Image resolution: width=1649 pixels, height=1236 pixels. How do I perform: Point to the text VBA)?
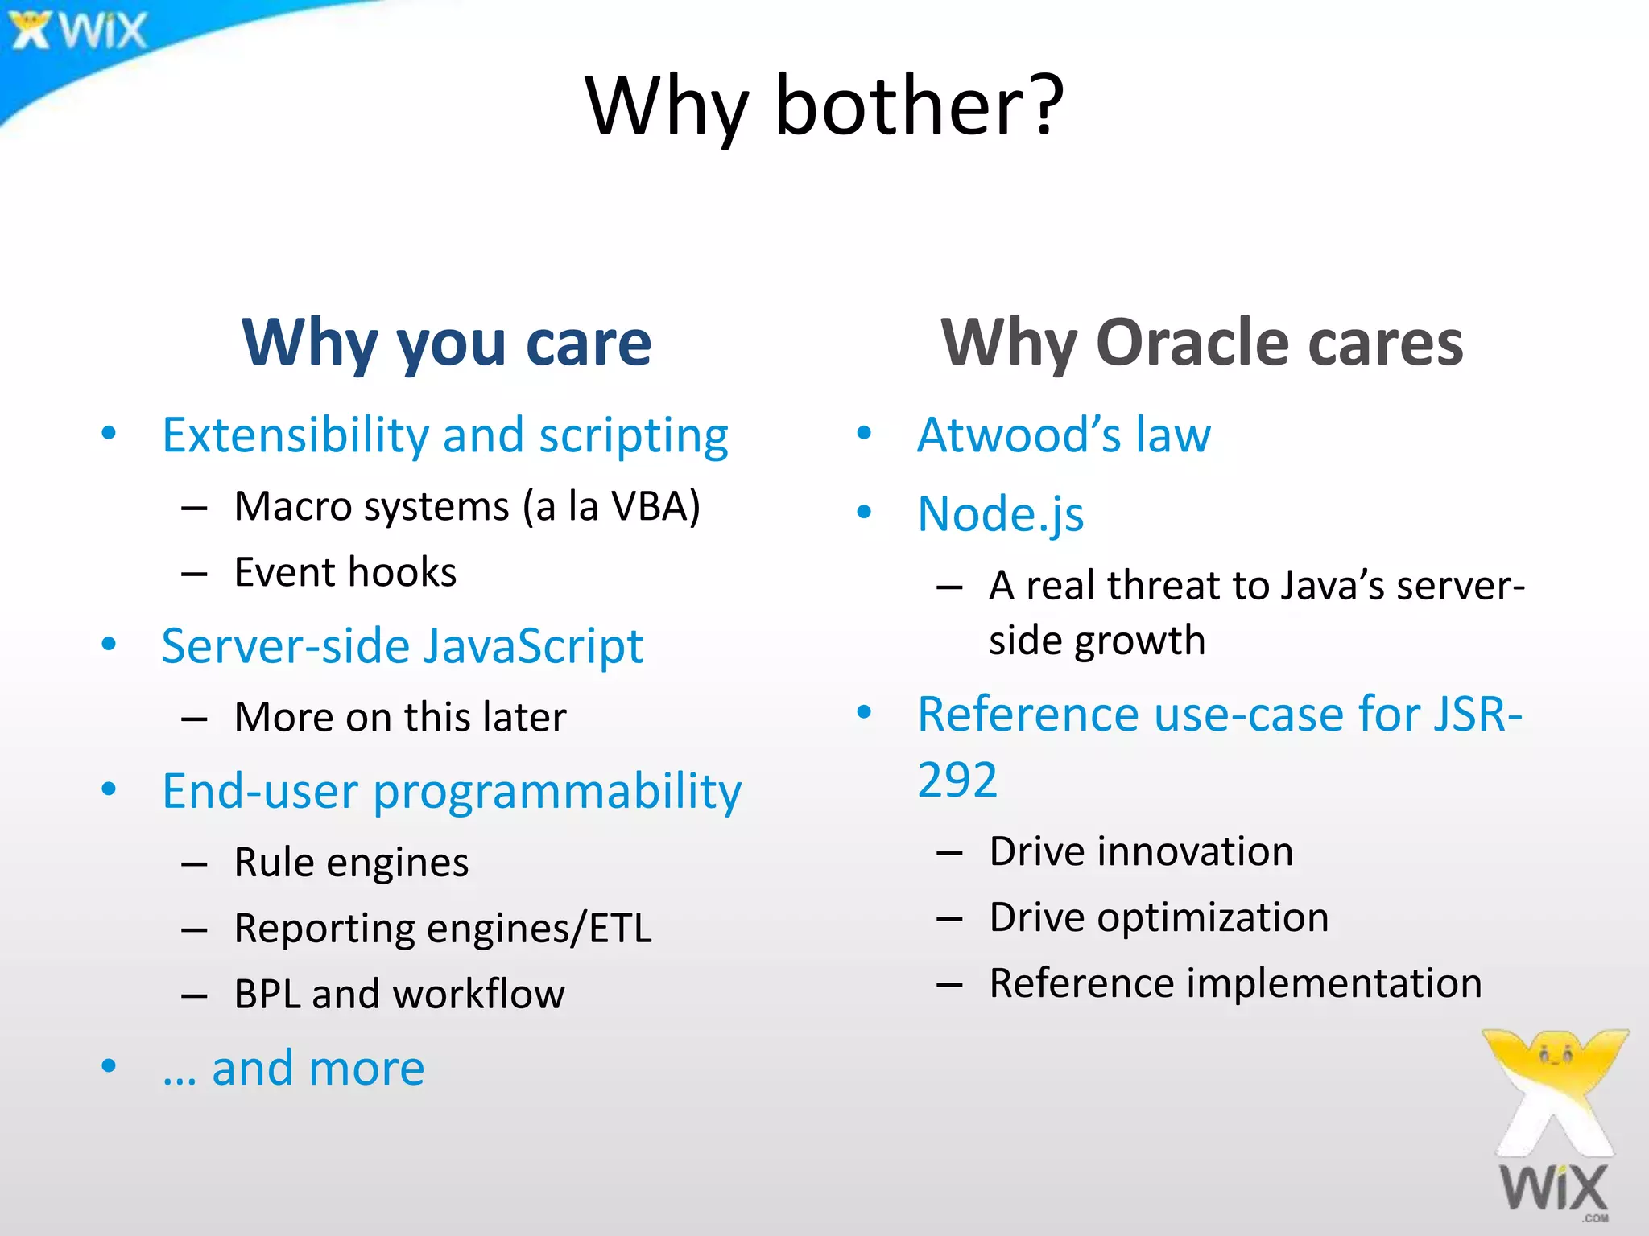click(x=655, y=507)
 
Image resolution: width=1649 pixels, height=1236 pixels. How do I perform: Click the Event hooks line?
click(x=345, y=573)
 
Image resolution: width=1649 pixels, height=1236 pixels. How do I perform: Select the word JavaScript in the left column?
click(x=533, y=646)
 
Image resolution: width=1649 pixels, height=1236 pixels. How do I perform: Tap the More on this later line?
click(x=399, y=717)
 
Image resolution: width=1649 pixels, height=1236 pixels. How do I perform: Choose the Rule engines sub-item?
click(x=351, y=863)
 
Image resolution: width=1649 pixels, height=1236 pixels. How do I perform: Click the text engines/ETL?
click(x=539, y=929)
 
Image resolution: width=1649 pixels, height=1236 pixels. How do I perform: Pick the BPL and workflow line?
click(x=399, y=995)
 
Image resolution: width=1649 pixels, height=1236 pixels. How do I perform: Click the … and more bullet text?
click(x=294, y=1069)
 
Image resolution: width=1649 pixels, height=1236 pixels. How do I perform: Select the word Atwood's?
click(x=1019, y=435)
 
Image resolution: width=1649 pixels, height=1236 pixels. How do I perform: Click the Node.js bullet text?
click(x=1001, y=514)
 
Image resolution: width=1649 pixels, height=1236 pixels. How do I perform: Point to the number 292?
click(x=957, y=780)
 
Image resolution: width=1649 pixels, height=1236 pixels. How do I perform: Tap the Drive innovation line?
click(x=1141, y=852)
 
